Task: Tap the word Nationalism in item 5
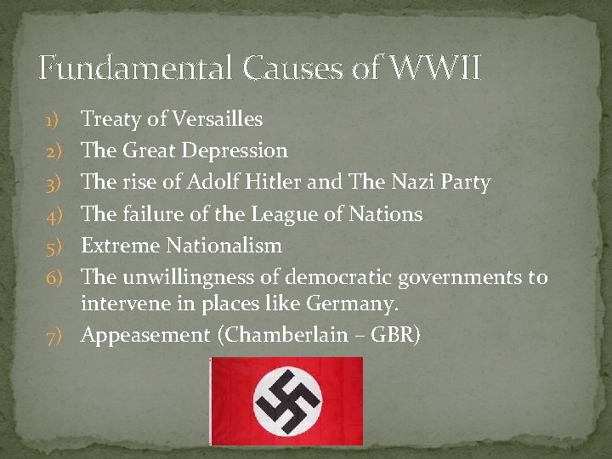[x=224, y=246]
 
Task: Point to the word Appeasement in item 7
[x=145, y=334]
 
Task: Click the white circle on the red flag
[x=286, y=400]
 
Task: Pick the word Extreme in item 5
[x=120, y=246]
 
